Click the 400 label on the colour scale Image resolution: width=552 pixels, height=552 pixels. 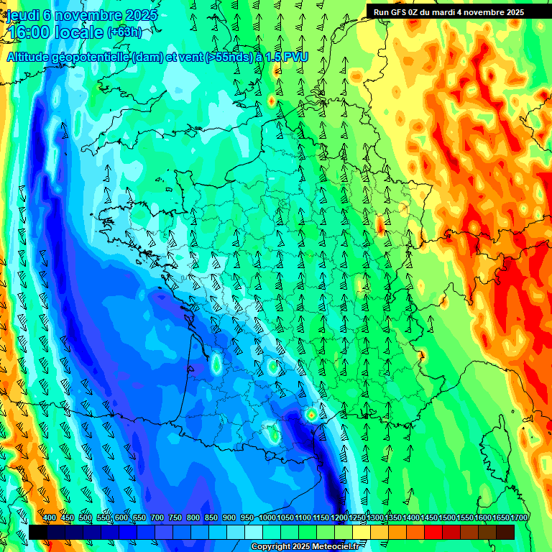(x=50, y=517)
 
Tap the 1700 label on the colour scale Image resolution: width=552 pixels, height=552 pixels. (x=500, y=517)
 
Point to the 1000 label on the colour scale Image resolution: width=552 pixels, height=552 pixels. (x=267, y=517)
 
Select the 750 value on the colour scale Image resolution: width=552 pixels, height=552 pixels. (x=175, y=517)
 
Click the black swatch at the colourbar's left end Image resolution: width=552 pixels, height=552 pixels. (x=37, y=532)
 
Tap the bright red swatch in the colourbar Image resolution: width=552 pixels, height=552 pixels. (x=433, y=532)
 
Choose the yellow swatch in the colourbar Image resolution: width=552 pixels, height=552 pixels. (x=362, y=532)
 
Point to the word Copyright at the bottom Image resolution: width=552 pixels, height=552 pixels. (x=270, y=547)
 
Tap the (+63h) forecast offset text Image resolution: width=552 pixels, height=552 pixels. (x=124, y=32)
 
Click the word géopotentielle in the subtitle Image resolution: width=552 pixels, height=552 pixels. (x=93, y=57)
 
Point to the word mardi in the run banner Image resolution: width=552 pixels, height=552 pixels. (x=451, y=11)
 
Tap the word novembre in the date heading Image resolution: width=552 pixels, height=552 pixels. (x=90, y=15)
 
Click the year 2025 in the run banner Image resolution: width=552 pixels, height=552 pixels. (x=513, y=11)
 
